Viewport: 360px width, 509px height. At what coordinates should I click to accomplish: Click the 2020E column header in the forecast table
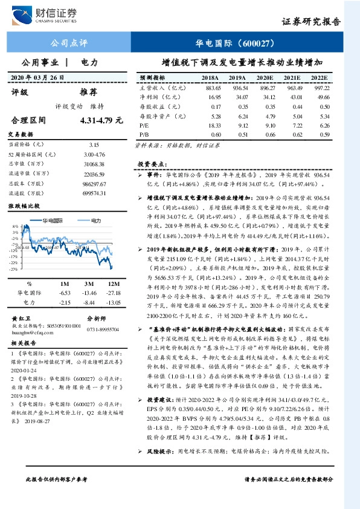point(265,78)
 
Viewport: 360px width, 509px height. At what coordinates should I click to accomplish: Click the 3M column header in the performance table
point(89,283)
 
